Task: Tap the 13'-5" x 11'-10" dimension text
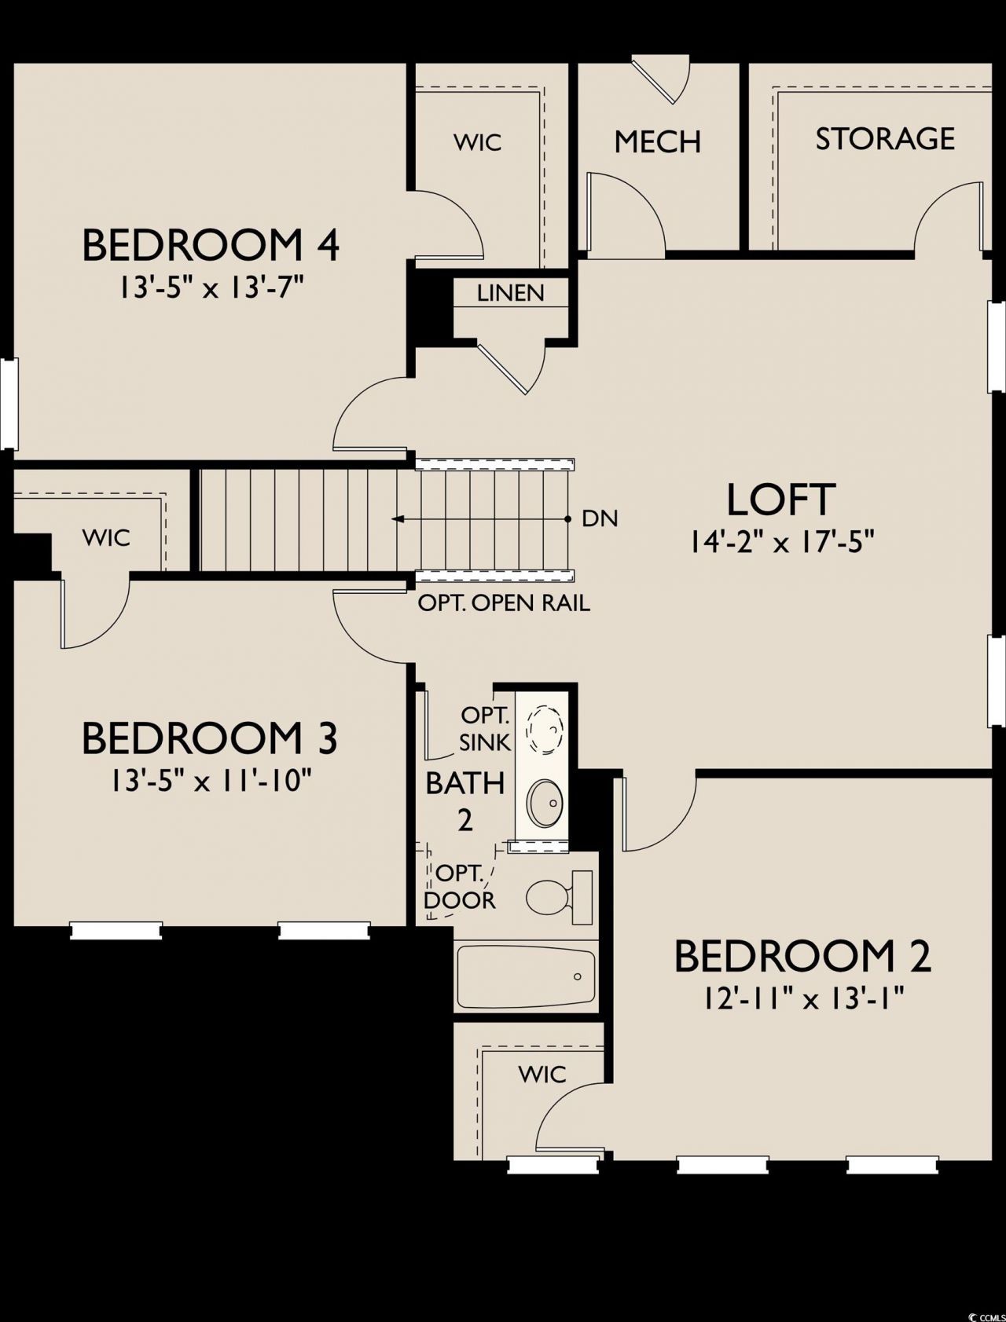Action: [x=211, y=781]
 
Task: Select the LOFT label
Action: [x=780, y=500]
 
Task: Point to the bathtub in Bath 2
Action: [x=527, y=976]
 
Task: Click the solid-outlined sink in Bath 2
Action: [x=543, y=804]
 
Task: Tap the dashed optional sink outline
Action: [x=544, y=730]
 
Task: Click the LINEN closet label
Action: [x=511, y=293]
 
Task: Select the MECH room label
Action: [x=658, y=142]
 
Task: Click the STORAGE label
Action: [x=885, y=139]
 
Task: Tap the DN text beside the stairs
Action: [x=600, y=518]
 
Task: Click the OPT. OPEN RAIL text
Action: [x=504, y=603]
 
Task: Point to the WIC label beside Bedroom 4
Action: [x=478, y=142]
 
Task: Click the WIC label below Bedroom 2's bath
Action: [x=542, y=1074]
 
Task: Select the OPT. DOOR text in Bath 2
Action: [x=460, y=887]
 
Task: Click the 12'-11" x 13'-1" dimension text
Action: [x=803, y=999]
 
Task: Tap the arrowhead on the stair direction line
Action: [x=398, y=518]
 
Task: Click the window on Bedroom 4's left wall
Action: [x=9, y=404]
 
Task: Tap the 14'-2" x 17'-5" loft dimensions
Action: [x=783, y=542]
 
